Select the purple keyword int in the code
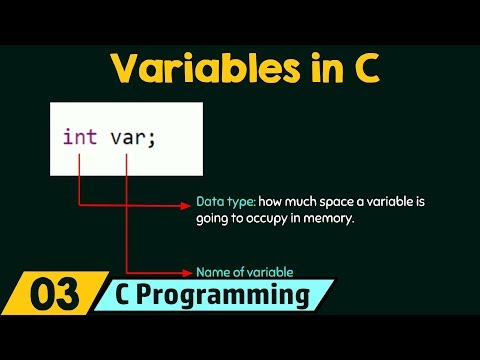pos(79,137)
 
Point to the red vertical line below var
pos(126,210)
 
